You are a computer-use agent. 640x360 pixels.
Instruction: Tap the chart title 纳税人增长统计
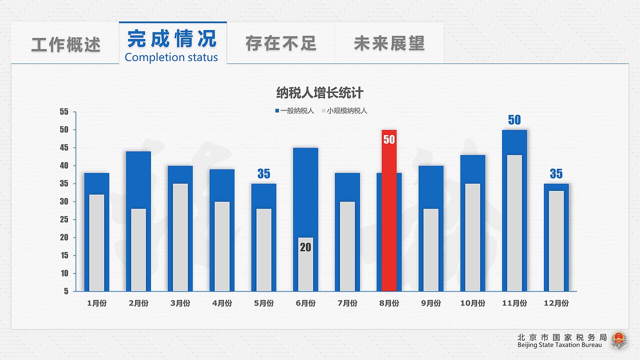[x=320, y=93]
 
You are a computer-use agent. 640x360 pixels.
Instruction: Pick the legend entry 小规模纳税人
[x=346, y=111]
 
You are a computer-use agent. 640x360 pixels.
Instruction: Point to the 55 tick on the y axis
[x=64, y=112]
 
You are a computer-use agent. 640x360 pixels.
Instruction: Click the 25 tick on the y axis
[x=64, y=219]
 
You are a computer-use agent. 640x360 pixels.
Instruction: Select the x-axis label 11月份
[x=514, y=303]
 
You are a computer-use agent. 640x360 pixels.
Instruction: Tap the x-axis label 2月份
[x=138, y=303]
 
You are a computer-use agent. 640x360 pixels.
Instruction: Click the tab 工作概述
[x=66, y=44]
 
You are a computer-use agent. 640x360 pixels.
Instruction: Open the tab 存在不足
[x=281, y=43]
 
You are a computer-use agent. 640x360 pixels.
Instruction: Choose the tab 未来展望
[x=389, y=43]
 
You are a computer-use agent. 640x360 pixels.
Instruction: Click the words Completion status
[x=171, y=57]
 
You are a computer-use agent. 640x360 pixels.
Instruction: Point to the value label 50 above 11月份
[x=514, y=120]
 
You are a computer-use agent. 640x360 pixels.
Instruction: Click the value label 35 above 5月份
[x=263, y=174]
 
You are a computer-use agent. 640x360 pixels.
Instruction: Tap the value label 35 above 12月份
[x=556, y=174]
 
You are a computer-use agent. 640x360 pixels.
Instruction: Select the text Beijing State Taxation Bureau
[x=559, y=345]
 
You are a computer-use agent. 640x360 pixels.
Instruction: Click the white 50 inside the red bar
[x=389, y=139]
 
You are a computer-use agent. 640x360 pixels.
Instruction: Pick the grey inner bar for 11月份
[x=514, y=225]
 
